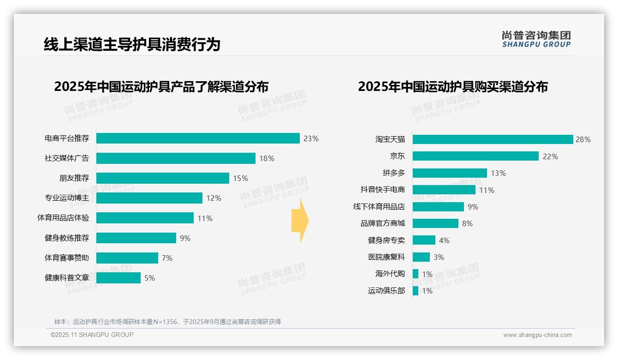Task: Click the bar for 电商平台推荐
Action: coord(198,138)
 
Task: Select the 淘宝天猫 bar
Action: coord(493,139)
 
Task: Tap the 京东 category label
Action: coord(397,156)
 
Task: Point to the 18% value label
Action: coord(267,158)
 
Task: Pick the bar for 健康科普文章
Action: coord(119,278)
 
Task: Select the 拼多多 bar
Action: coord(450,173)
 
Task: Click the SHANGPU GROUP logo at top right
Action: coord(536,39)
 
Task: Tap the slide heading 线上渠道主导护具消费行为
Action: coord(132,44)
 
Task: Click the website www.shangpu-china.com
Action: coord(537,335)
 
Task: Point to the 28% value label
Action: coord(583,139)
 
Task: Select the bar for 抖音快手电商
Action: coord(444,190)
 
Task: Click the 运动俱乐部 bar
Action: coord(416,291)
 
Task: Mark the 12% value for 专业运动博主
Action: coord(214,198)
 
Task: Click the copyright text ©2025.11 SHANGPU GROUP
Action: coord(92,335)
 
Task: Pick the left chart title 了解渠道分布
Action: coord(161,87)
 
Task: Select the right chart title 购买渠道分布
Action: coord(452,87)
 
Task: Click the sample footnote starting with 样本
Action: coord(167,322)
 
